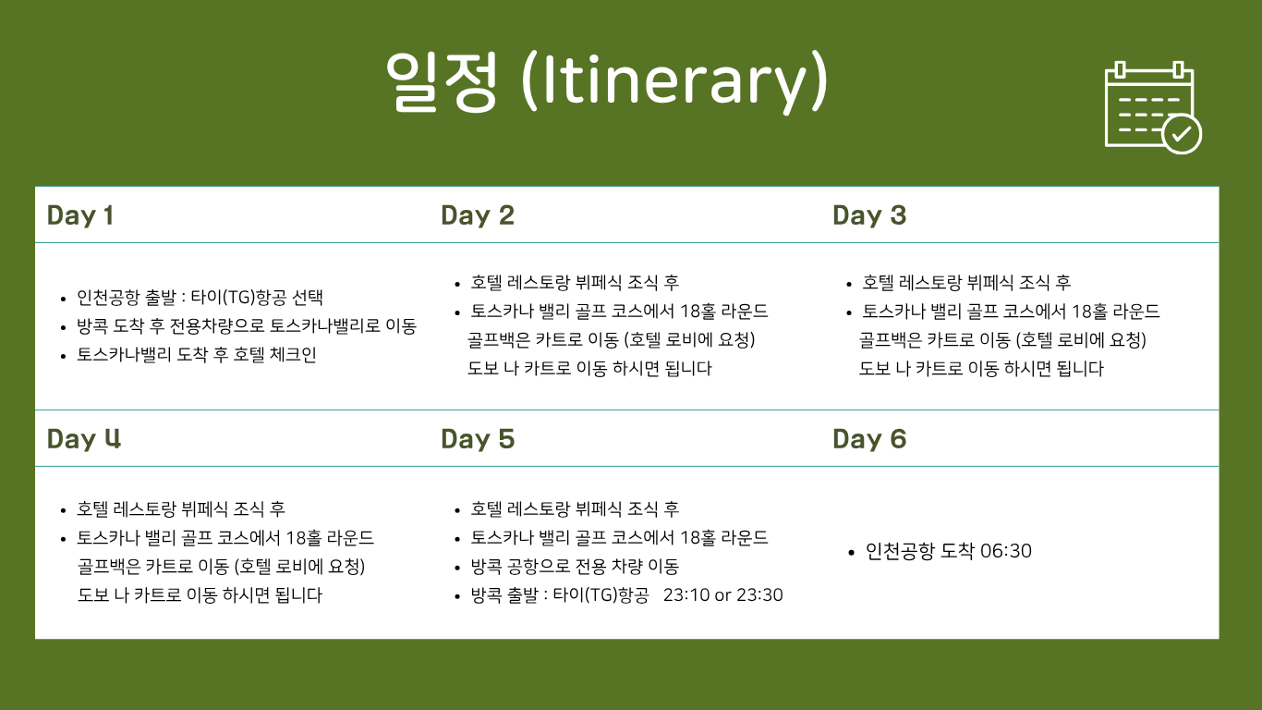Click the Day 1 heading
pos(80,215)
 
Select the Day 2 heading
pos(478,215)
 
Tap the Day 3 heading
pos(869,215)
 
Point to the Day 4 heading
pos(84,439)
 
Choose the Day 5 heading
pos(478,439)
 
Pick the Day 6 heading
pos(869,439)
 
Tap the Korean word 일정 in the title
pos(442,81)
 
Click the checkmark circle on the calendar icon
pos(1182,134)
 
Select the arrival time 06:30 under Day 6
pos(1006,551)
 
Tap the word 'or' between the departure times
pos(722,596)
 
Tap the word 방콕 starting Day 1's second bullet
pos(92,326)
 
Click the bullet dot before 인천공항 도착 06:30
pos(851,553)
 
